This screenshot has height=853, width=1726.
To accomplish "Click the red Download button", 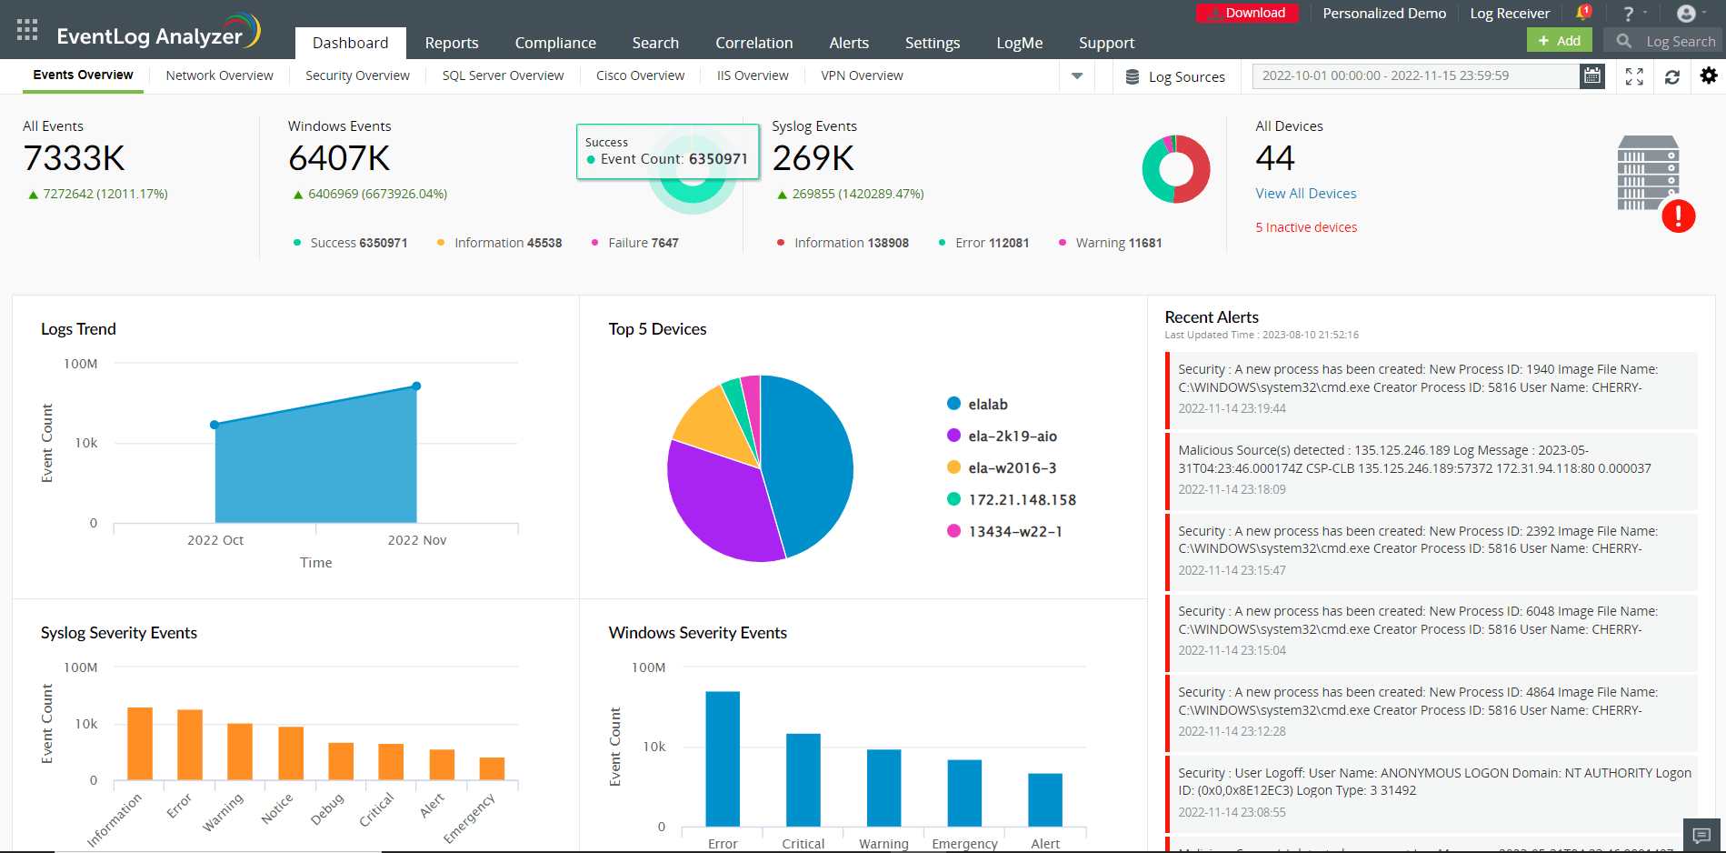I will point(1247,13).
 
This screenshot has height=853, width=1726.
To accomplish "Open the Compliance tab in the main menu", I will point(555,43).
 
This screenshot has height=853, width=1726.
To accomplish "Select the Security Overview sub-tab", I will point(357,75).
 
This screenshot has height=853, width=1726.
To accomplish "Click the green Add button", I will point(1560,41).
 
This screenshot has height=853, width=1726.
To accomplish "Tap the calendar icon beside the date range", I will point(1592,76).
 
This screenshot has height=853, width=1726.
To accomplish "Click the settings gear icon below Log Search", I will point(1709,76).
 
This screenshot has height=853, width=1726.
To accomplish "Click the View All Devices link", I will point(1305,194).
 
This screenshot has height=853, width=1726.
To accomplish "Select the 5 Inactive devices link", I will point(1306,227).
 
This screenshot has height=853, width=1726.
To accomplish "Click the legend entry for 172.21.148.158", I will point(1022,500).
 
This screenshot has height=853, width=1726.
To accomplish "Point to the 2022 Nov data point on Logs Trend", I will point(416,386).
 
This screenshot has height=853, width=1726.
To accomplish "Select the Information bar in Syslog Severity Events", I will point(140,744).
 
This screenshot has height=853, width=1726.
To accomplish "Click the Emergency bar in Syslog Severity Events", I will point(492,768).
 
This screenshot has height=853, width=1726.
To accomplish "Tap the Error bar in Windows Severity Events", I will point(723,758).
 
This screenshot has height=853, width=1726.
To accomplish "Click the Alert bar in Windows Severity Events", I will point(1045,799).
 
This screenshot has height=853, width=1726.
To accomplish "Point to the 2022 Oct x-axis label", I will point(215,540).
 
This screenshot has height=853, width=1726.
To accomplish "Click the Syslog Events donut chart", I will point(1176,169).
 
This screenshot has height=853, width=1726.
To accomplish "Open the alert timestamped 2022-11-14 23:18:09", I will point(1432,469).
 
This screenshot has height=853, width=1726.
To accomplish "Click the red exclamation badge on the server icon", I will point(1678,216).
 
